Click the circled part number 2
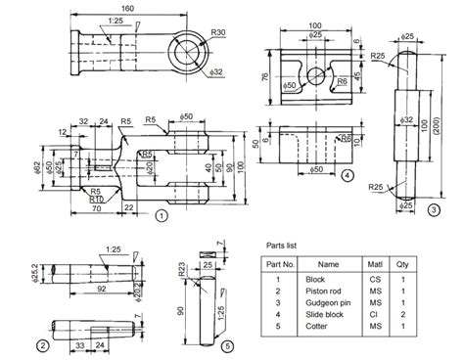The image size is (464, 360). (42, 344)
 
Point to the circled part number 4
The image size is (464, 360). (348, 176)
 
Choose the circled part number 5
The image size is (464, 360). (225, 345)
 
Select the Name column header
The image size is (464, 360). (328, 264)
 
